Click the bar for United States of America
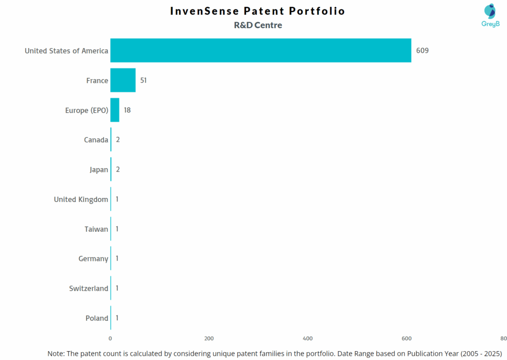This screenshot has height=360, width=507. pos(260,51)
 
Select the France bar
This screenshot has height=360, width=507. pos(123,80)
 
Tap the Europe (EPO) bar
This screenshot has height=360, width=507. pos(115,110)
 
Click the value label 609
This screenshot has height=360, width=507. pos(422,51)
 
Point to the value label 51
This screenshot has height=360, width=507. pos(144,80)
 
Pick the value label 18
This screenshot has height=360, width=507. pos(127,110)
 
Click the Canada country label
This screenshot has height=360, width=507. pos(96,140)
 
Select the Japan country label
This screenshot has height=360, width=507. pos(99,169)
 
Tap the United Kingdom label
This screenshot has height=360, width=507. pos(81,199)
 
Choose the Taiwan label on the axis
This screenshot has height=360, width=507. pos(96,229)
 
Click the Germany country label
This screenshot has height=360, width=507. pos(93,258)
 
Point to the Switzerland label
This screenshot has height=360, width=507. pos(89,288)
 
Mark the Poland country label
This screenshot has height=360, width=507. pos(97,318)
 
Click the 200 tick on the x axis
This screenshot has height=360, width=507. pos(209,338)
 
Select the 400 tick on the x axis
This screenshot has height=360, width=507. pos(307,338)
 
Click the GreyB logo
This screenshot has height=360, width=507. pos(490,15)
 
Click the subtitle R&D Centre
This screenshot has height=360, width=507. pos(258,25)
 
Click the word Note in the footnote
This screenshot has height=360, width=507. pos(57,354)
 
